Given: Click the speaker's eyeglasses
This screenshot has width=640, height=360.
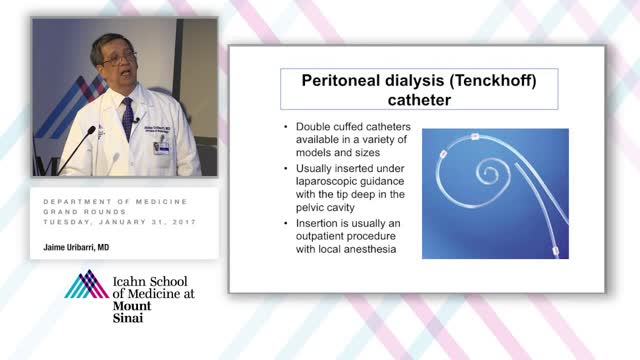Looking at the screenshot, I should click(119, 59).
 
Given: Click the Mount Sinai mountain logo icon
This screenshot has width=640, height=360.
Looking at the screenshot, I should click(86, 284).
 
